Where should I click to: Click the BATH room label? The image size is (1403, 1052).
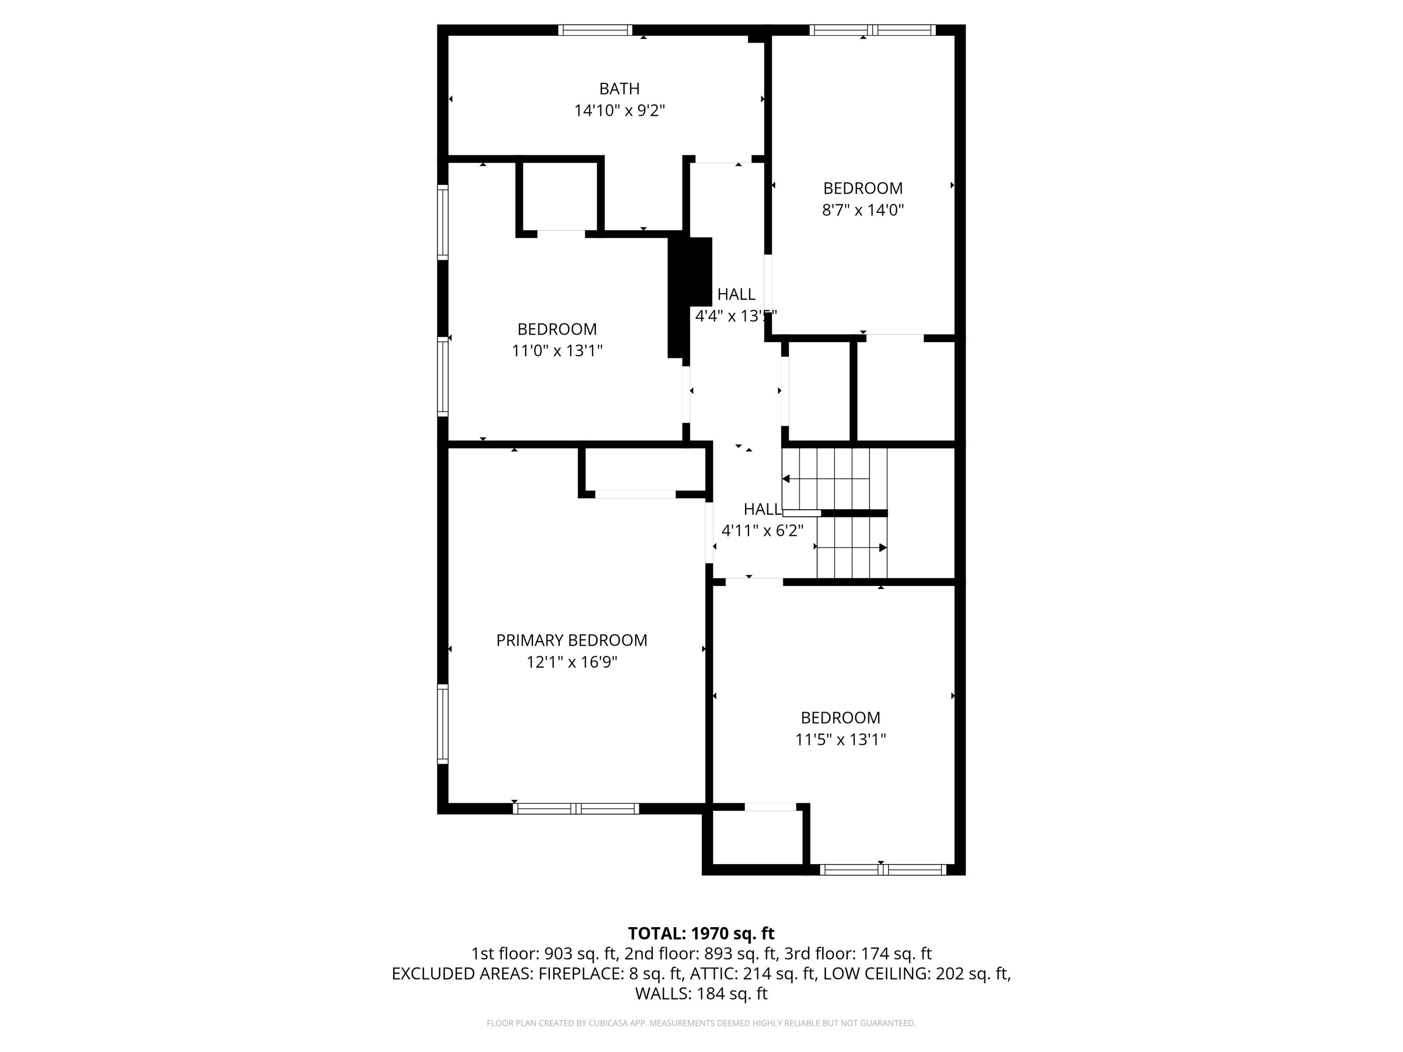(619, 89)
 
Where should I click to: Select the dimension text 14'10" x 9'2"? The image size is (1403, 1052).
(619, 111)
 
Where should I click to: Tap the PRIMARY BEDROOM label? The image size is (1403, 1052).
(571, 641)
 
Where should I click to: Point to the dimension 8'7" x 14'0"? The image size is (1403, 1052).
(862, 210)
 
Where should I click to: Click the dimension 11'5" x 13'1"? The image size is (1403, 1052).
(840, 739)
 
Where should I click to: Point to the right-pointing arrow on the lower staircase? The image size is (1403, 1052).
(882, 547)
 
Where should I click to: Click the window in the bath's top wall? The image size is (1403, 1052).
(595, 30)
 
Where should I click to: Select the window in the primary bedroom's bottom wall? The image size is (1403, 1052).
(575, 808)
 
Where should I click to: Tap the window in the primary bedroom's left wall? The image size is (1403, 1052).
(443, 723)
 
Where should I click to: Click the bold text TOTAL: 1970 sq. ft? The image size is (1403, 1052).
(701, 933)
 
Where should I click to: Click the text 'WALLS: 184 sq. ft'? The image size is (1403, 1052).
(701, 994)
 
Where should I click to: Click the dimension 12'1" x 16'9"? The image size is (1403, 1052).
(571, 662)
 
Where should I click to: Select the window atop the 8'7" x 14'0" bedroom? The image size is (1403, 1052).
(872, 30)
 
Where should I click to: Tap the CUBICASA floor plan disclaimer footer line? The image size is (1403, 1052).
(701, 1023)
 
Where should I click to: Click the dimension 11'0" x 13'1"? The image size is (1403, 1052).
(557, 351)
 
